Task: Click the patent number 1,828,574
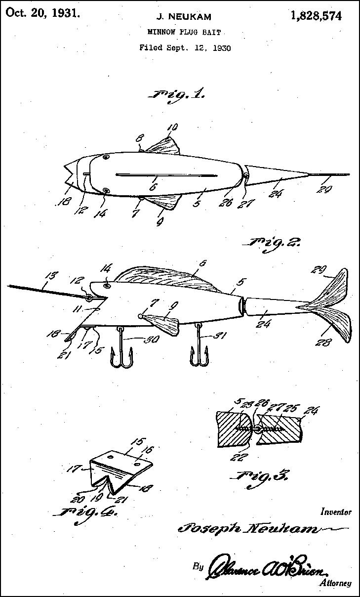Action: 316,16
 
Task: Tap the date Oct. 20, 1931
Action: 42,13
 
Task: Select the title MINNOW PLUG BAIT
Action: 184,32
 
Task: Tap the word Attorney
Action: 335,583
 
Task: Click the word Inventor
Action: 336,512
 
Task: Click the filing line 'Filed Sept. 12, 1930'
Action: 185,48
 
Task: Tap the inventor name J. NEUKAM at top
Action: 184,17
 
